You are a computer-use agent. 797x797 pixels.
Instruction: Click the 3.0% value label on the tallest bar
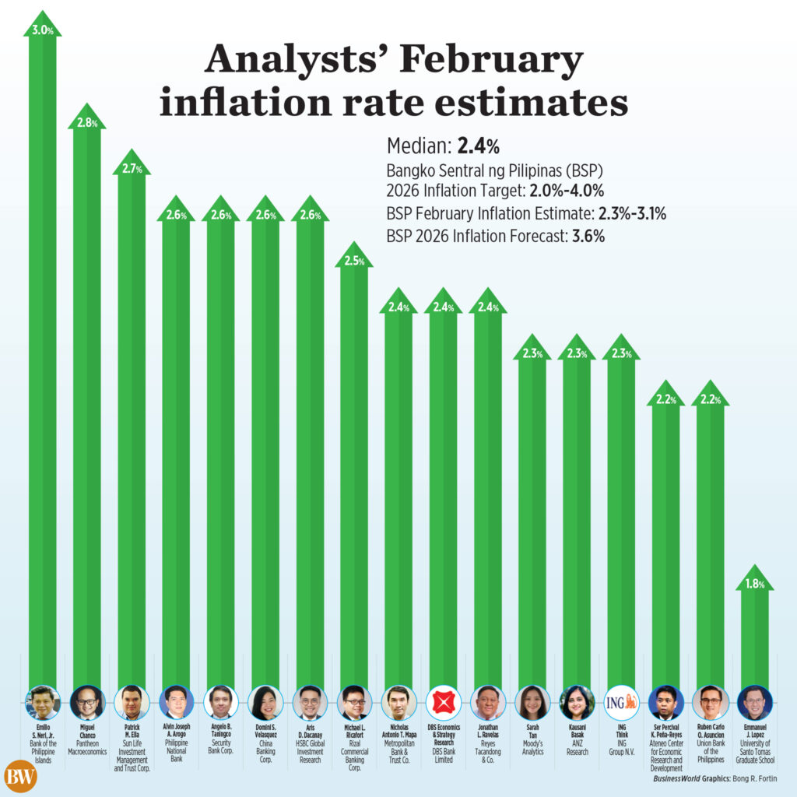point(42,31)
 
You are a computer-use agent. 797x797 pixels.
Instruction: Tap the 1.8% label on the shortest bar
point(754,584)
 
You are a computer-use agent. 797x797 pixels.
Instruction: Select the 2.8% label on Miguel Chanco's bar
point(86,124)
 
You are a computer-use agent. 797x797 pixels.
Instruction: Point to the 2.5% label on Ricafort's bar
point(354,262)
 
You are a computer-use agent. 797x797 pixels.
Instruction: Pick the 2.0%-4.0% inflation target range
point(566,191)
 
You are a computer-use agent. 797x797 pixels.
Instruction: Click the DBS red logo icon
point(443,703)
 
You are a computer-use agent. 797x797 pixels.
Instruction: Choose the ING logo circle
point(621,703)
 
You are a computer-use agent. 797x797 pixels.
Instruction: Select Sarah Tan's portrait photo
point(532,703)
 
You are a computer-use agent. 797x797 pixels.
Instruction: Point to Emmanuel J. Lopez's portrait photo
point(754,703)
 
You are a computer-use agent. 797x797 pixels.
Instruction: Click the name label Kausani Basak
point(577,731)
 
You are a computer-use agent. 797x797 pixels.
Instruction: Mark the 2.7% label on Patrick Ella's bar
point(132,169)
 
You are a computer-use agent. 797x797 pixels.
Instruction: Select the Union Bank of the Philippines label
point(710,751)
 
